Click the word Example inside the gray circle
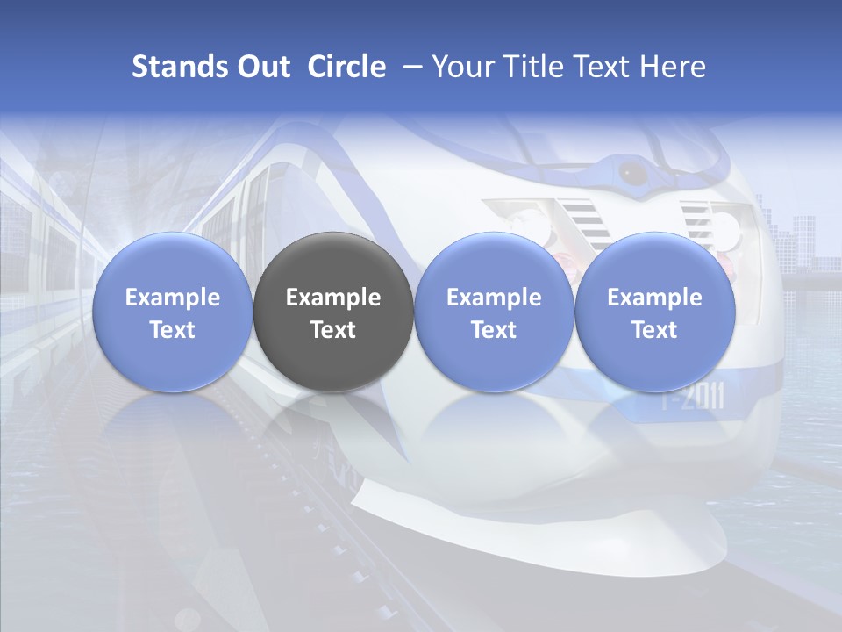tap(333, 298)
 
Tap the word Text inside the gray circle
tap(333, 330)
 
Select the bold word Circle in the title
tap(346, 67)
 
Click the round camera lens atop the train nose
tap(631, 172)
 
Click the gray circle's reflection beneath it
tap(333, 421)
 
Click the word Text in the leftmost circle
tap(172, 330)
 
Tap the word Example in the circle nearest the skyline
tap(654, 298)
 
